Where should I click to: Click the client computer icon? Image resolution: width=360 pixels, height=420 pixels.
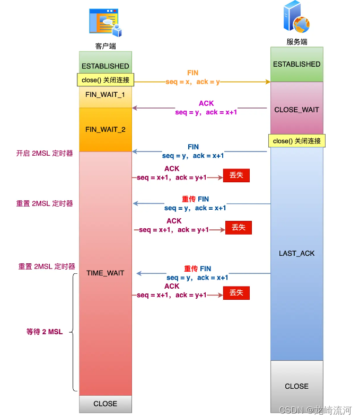point(106,22)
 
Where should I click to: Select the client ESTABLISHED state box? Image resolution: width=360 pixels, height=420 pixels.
point(105,62)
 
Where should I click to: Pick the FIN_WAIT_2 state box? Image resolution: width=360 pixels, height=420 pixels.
point(105,129)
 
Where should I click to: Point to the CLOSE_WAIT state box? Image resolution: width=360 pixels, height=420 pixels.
point(296,110)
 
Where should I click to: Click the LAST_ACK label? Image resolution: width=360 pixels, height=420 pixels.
point(296,253)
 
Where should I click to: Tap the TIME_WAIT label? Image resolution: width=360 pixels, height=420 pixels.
point(105,273)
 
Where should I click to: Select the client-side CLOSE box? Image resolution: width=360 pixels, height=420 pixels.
point(105,404)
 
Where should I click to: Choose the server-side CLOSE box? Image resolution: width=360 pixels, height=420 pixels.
point(296,386)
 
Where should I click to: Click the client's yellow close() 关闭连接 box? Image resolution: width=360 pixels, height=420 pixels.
point(106,81)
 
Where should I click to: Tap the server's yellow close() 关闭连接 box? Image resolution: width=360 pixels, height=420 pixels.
point(296,141)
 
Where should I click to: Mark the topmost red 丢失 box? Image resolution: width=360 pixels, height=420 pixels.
point(236,175)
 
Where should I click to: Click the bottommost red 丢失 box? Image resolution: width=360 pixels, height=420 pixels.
point(236,293)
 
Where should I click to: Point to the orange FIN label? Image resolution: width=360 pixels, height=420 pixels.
point(193,73)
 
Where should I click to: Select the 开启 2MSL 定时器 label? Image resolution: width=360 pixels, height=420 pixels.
point(45,154)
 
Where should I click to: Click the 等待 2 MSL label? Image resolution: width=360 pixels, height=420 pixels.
point(45,332)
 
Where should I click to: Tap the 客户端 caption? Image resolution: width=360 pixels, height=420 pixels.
point(106,46)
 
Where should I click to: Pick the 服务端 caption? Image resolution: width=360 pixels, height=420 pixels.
point(296,42)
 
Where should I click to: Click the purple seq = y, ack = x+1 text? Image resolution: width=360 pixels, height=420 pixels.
point(206,112)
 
